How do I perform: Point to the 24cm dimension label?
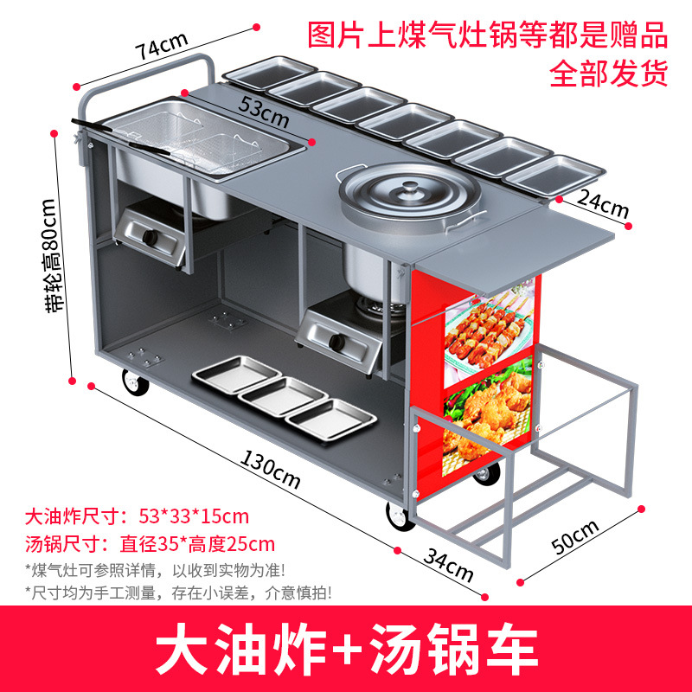point(603,206)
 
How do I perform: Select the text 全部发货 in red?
point(608,74)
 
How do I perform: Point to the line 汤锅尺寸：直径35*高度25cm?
point(150,544)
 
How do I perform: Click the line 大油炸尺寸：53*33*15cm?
point(137,517)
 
